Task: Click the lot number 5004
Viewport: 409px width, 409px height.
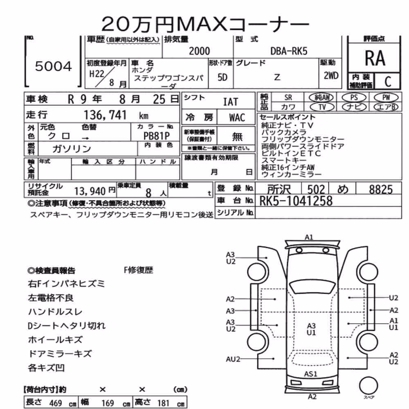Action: coord(54,66)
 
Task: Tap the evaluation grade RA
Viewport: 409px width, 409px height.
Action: coord(375,58)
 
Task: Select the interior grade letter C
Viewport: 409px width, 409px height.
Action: coord(388,82)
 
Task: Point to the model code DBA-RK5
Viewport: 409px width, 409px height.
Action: coord(289,51)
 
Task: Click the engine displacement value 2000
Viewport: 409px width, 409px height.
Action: coord(199,51)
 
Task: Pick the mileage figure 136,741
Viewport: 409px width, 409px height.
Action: coord(105,115)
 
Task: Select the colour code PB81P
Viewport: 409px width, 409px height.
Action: coord(157,136)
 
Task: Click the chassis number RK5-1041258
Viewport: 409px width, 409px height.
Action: coord(296,201)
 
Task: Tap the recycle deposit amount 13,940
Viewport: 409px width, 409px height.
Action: coord(90,191)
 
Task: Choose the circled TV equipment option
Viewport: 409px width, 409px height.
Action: coord(322,107)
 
